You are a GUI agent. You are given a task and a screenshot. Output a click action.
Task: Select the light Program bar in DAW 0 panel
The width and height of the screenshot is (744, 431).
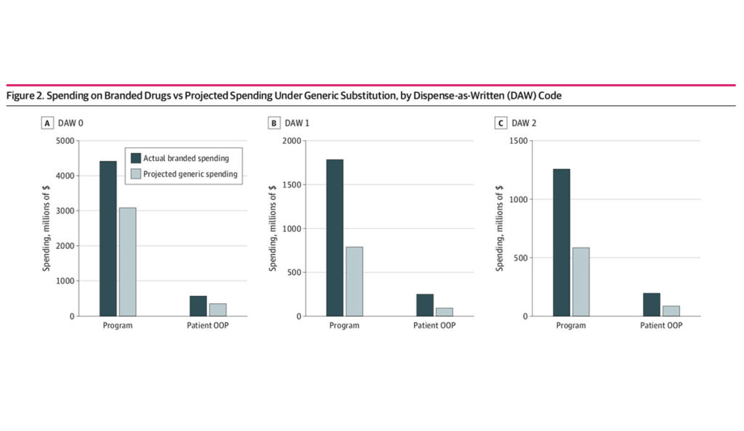(126, 262)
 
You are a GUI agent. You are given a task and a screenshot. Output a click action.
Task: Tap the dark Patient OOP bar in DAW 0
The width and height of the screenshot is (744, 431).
(198, 305)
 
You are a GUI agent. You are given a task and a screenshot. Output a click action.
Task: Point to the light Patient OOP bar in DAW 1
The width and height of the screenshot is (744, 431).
(443, 312)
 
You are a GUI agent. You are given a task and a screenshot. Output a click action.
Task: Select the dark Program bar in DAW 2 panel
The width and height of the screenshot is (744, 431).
(562, 242)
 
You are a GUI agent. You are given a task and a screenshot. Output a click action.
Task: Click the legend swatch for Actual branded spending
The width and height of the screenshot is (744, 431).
(135, 158)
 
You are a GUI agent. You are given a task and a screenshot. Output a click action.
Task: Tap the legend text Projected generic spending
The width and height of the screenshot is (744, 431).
(190, 173)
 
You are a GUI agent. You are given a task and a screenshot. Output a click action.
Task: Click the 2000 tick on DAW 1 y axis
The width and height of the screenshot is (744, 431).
(291, 141)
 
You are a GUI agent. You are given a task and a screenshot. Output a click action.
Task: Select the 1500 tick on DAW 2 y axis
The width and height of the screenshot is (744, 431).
(518, 141)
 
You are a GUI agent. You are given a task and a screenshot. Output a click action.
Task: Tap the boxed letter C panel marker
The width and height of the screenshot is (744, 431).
(501, 123)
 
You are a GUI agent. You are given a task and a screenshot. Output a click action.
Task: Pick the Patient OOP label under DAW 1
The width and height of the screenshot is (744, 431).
(434, 326)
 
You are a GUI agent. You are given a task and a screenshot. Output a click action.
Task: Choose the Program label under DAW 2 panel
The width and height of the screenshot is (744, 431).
(571, 326)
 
